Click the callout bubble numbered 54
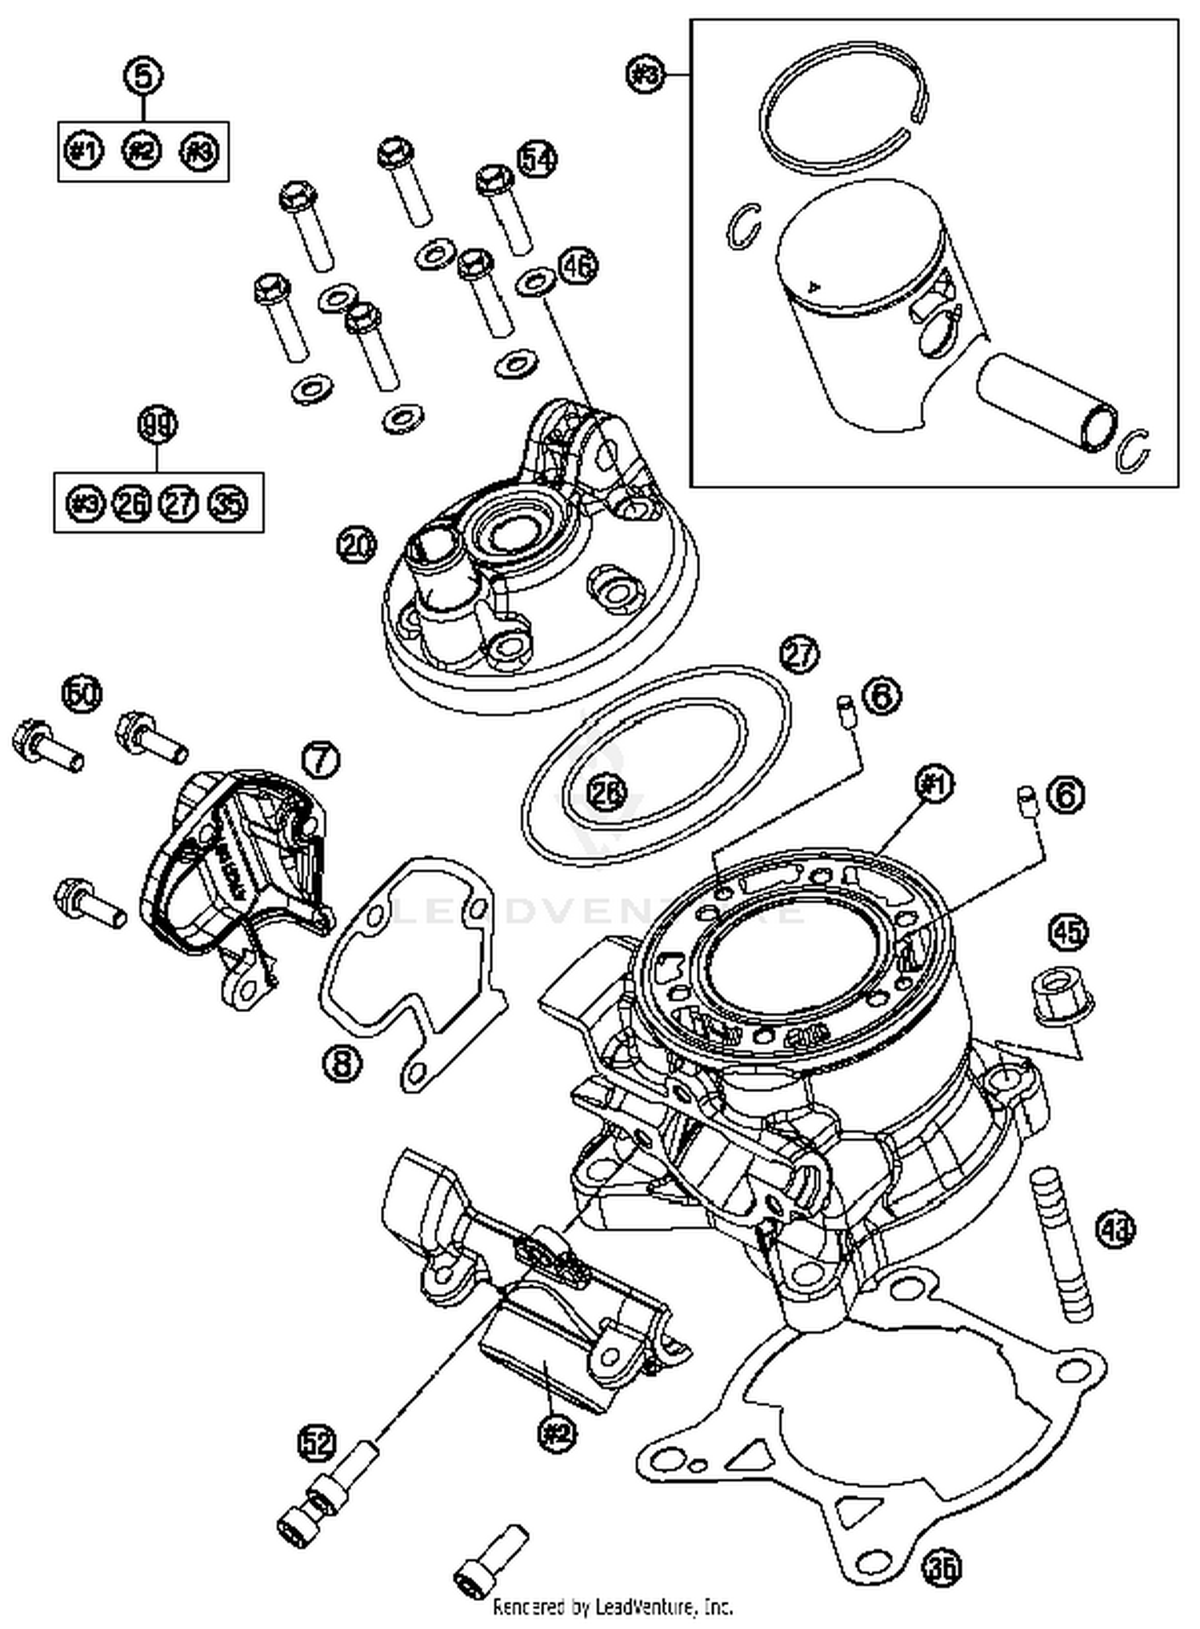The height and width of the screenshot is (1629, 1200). pos(537,159)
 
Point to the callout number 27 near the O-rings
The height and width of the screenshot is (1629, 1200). pos(801,654)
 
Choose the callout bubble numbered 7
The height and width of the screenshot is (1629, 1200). pos(321,758)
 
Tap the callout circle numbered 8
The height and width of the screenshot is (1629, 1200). pos(342,1063)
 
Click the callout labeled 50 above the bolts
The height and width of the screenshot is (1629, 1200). pos(83,694)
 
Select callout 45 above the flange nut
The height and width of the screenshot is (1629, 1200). pos(1070,931)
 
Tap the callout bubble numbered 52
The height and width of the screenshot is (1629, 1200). pos(317,1443)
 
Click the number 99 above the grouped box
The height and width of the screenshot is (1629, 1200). pos(158,425)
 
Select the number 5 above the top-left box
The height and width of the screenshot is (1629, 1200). pos(143,77)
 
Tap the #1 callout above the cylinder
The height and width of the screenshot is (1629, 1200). pos(934,786)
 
